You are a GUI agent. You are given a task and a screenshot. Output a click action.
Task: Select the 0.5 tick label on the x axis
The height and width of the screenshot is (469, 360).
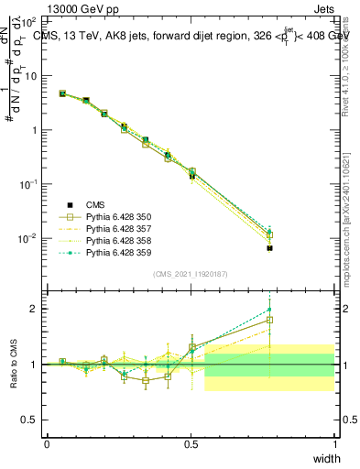pos(191,444)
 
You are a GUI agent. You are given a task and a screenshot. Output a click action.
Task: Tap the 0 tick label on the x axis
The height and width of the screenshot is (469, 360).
pos(47,444)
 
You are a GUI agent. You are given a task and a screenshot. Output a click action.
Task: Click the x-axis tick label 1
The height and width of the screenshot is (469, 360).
pos(334,444)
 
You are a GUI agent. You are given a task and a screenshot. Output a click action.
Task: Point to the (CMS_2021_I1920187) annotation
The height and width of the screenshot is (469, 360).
pos(190,274)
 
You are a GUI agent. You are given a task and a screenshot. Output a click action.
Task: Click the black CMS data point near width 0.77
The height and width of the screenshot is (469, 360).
pos(269,248)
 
